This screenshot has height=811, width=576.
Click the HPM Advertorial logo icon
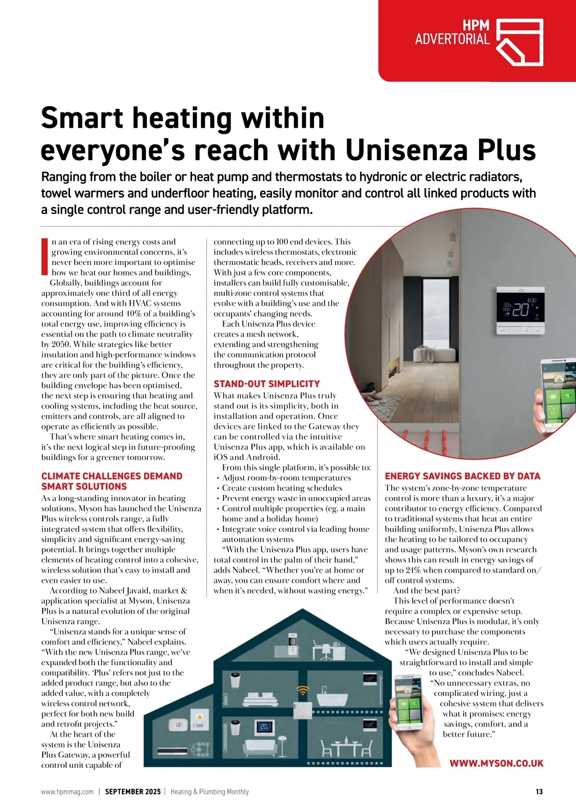519,42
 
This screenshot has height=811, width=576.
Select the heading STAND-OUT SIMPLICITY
266,384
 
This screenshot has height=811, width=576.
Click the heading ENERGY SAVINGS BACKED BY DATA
462,476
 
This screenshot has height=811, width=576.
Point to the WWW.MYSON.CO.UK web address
496,763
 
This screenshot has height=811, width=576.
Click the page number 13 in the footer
539,792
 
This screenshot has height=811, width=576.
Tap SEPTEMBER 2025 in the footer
132,792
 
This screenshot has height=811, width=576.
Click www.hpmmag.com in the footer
67,792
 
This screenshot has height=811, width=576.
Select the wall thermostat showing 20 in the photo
521,310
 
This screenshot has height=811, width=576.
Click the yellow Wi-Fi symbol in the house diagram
303,691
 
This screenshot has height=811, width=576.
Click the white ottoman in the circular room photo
434,355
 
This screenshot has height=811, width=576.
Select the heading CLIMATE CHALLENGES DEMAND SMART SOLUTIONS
111,481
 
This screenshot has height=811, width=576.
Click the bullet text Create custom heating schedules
282,488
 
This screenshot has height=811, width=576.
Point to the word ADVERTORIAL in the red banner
452,39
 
